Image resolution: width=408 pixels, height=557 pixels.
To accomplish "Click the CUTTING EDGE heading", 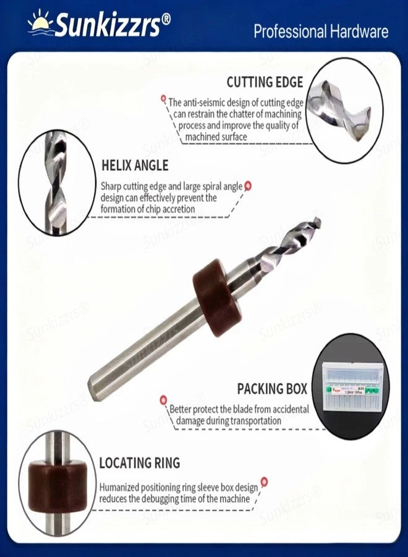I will [x=265, y=82].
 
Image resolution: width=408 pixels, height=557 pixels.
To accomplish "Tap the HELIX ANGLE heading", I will [x=134, y=166].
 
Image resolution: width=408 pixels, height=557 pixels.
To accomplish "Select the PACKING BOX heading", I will [x=272, y=389].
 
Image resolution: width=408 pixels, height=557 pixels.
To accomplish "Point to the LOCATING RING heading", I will [x=140, y=462].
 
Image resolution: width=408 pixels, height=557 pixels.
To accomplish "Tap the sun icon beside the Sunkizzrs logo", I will [x=41, y=22].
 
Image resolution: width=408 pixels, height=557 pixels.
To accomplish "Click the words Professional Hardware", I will [x=321, y=32].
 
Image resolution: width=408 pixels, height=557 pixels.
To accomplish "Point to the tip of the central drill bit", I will [x=317, y=221].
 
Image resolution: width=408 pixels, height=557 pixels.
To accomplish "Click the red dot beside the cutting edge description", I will [x=164, y=98].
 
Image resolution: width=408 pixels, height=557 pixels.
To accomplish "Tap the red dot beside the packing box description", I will [x=163, y=400].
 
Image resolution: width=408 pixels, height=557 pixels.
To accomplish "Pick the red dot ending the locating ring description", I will [x=264, y=480].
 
